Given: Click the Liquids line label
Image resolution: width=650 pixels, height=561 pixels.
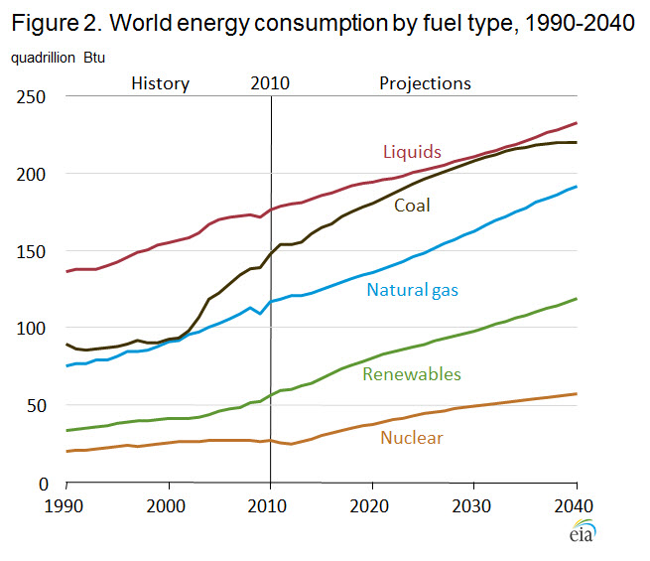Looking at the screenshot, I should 411,152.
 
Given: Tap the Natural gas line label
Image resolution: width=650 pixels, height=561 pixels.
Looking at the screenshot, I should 413,290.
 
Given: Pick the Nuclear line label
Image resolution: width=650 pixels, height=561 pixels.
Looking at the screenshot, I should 412,437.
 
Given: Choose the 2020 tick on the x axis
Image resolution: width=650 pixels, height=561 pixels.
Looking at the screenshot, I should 372,505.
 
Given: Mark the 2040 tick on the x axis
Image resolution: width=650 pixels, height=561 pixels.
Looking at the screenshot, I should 576,505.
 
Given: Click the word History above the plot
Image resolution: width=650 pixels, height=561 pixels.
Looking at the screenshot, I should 160,83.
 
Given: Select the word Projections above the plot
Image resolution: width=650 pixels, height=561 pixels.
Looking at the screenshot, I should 425,83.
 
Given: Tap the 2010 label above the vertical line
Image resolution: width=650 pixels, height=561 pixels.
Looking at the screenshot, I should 270,83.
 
